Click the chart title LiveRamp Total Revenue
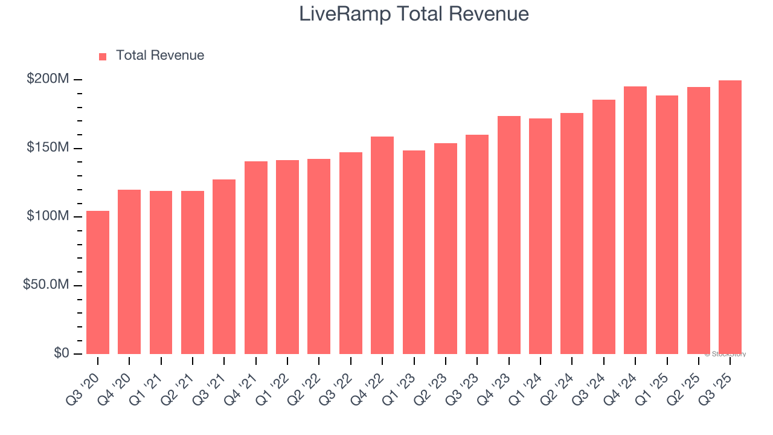pos(414,14)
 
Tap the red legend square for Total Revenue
pos(103,56)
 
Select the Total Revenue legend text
pos(160,56)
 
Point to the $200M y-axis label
pos(48,79)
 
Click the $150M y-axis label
pos(48,148)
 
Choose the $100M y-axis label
pos(48,216)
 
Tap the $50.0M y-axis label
pos(46,285)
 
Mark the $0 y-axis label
pos(60,353)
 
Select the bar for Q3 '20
pos(98,282)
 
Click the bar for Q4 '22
pos(382,245)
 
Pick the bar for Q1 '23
pos(414,252)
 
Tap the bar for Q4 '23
pos(508,235)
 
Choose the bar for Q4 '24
pos(635,220)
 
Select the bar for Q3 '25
pos(730,217)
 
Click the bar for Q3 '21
pos(224,266)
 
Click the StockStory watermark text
pos(725,354)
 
